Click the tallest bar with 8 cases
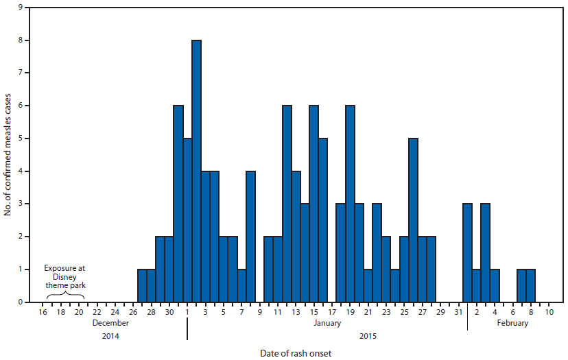196,171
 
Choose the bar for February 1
467,253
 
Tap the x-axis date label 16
43,313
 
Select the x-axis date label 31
458,313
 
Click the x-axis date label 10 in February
549,313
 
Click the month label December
110,323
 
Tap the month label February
512,323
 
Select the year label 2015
366,337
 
